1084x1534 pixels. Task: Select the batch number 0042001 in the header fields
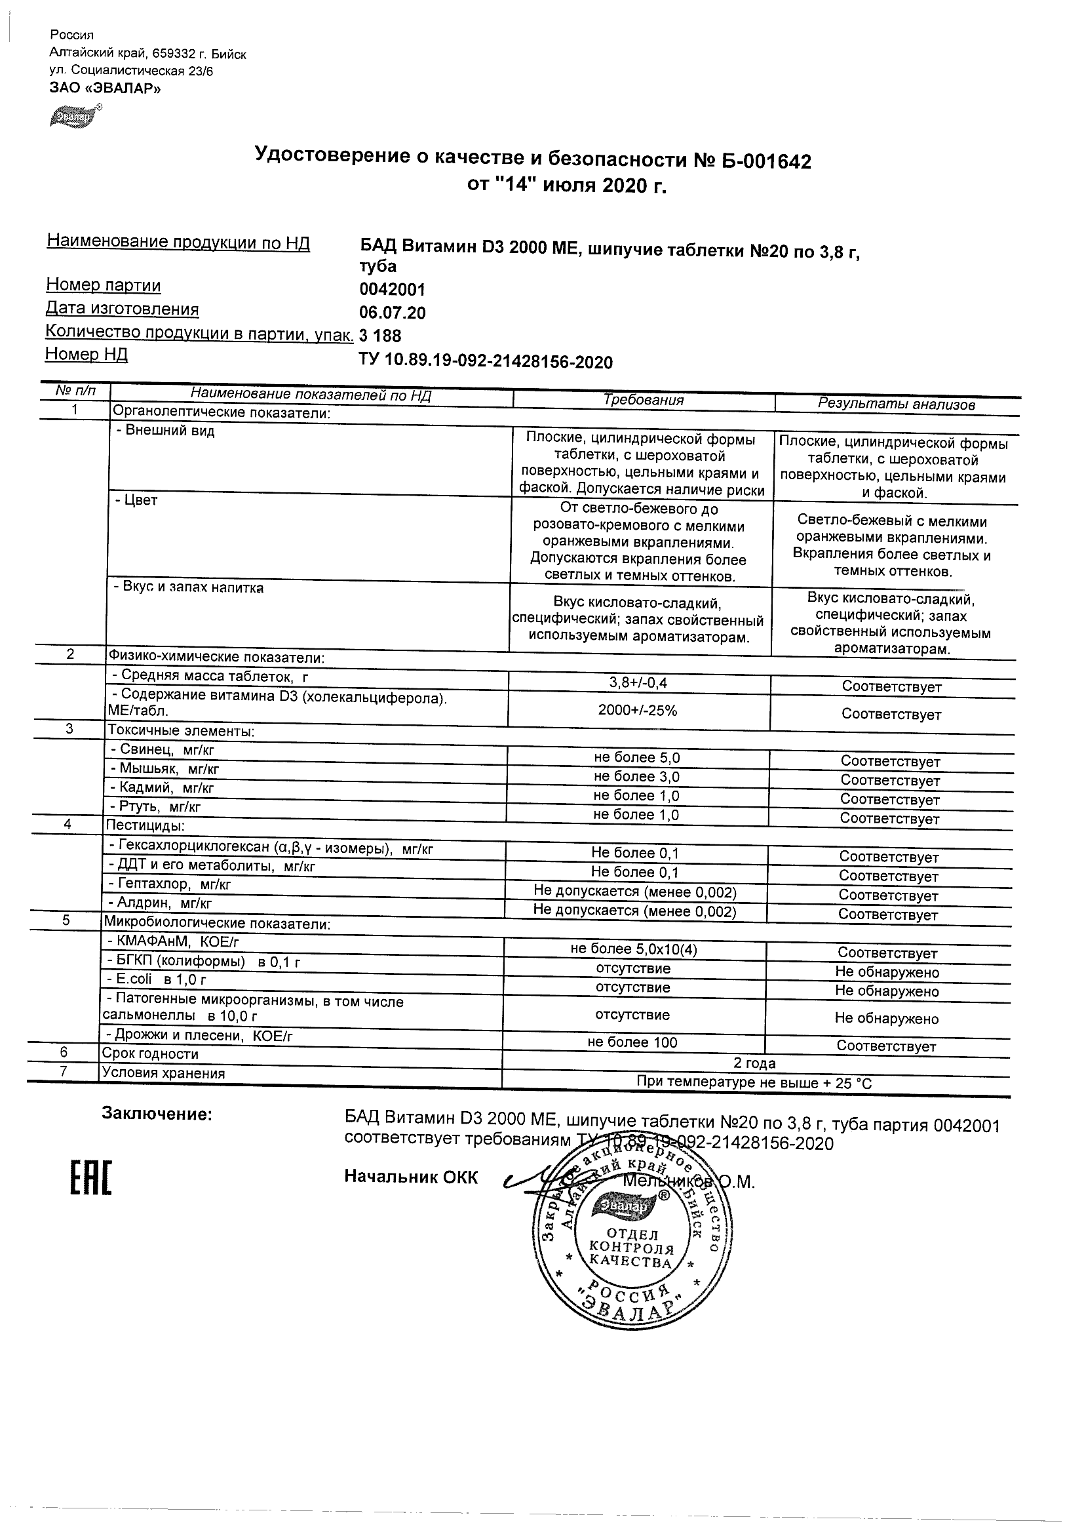(392, 290)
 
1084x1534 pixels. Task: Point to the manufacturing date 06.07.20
(392, 313)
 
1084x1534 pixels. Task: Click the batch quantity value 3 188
(380, 336)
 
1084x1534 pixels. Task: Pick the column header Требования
(643, 400)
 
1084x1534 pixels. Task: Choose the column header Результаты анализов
(897, 404)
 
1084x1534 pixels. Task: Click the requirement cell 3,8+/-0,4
(637, 683)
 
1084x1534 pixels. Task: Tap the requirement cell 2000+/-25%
(637, 710)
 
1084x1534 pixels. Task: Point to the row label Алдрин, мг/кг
(160, 903)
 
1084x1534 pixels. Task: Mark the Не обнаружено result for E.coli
(886, 991)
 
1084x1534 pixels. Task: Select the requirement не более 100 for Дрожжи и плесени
(632, 1042)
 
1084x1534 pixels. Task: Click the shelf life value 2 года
(754, 1063)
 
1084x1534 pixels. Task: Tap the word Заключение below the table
(156, 1114)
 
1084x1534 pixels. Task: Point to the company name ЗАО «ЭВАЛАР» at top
(105, 88)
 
